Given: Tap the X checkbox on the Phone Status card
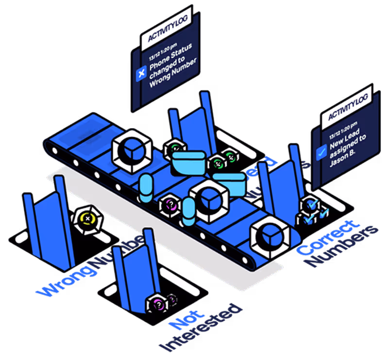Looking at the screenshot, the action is point(141,73).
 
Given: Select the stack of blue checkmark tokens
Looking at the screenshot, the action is point(310,210).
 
